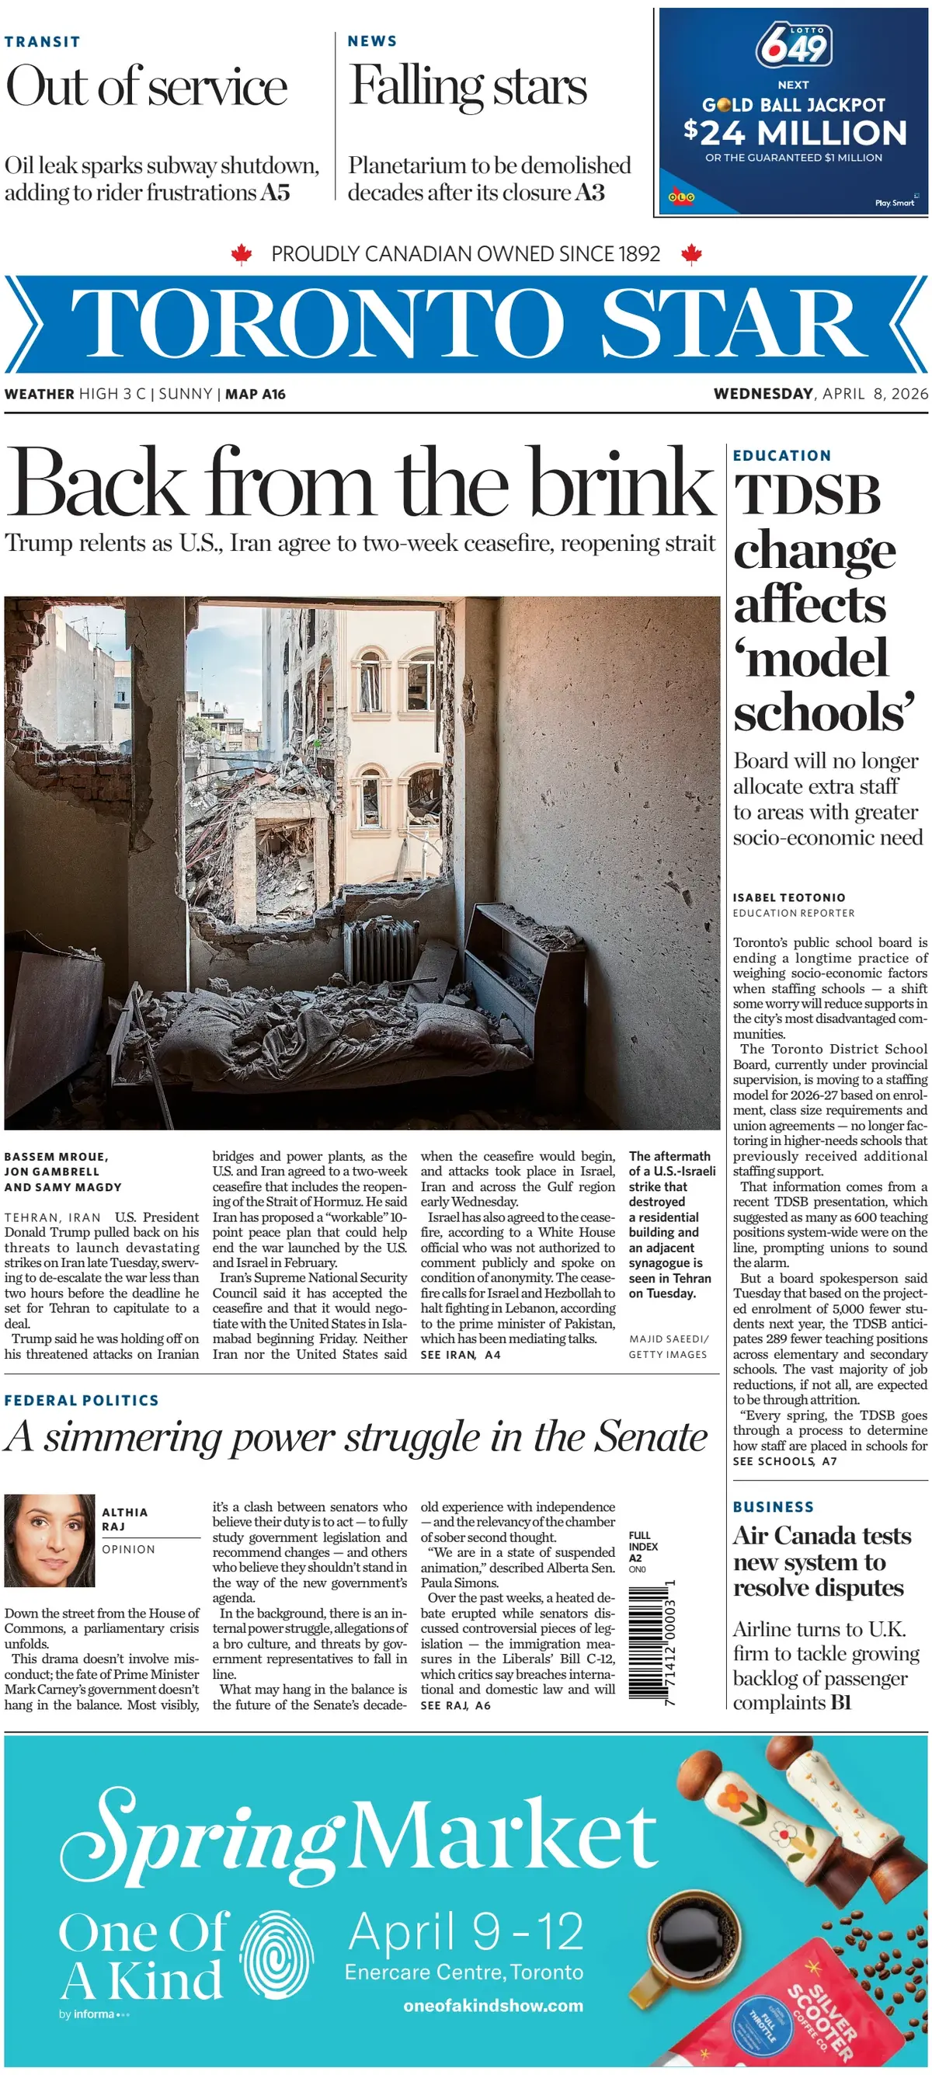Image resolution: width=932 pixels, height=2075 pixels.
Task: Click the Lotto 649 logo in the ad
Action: [794, 47]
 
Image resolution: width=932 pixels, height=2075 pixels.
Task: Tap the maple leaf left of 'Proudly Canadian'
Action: [241, 255]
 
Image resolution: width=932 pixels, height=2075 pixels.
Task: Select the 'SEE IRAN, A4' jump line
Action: [460, 1355]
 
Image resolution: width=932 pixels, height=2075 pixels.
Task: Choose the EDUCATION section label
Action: [781, 456]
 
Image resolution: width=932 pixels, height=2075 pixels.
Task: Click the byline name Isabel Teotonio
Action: [788, 897]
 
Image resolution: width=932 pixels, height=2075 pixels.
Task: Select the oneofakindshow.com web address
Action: [493, 2006]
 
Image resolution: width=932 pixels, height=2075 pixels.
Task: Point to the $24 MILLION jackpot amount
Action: [795, 133]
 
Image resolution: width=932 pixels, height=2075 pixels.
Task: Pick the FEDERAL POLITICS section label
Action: [82, 1401]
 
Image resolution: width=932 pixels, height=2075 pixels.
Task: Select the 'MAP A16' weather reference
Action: [256, 395]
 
